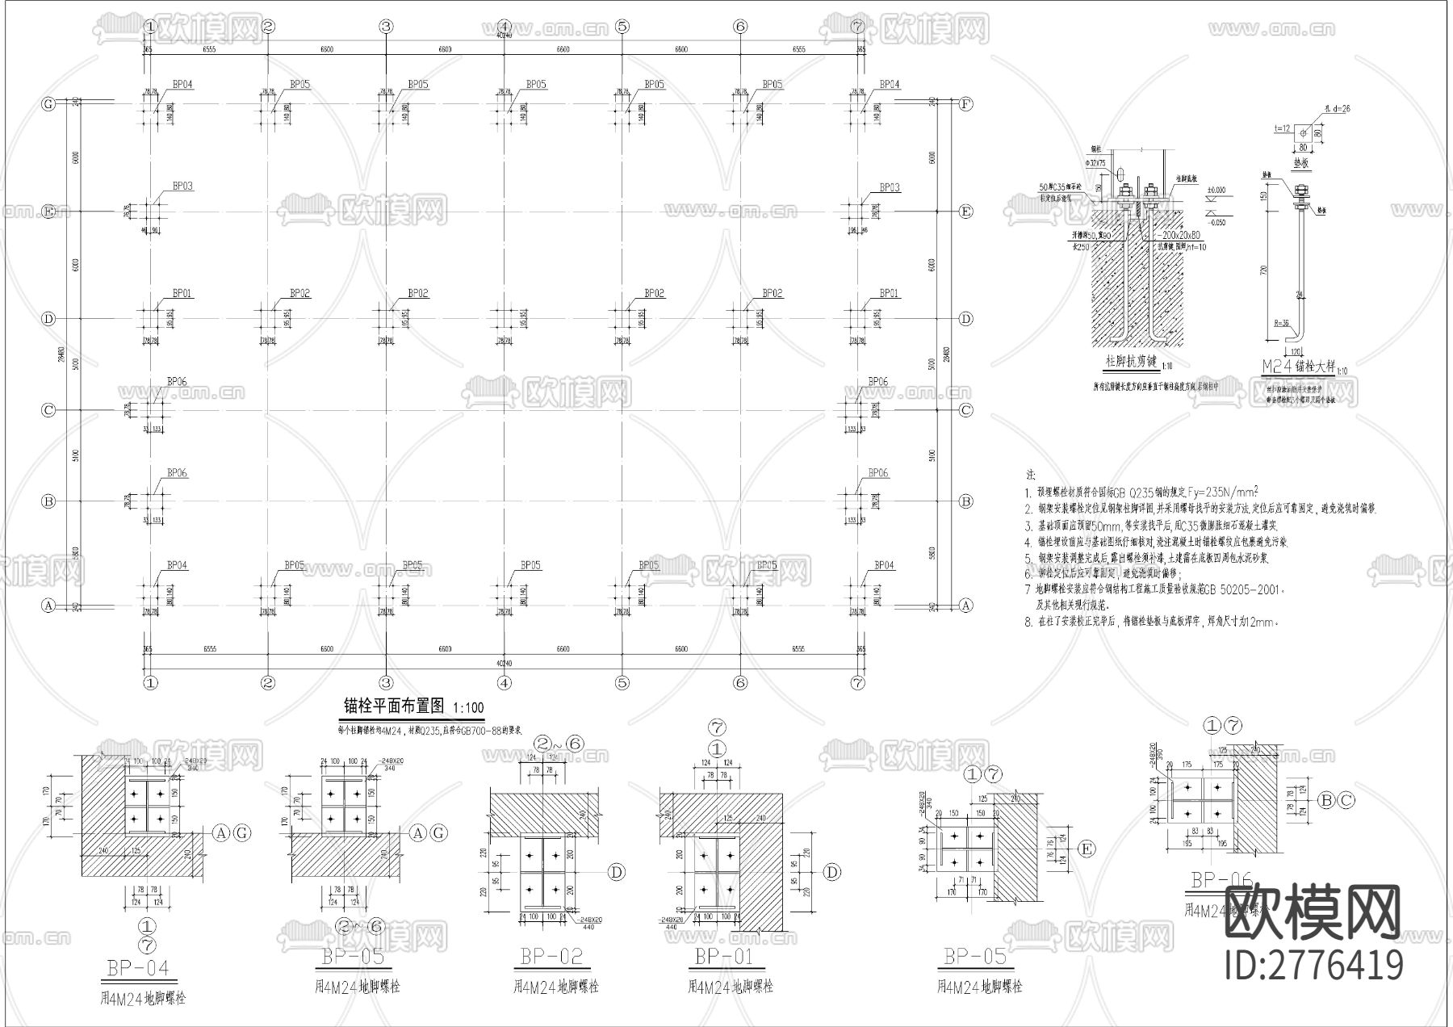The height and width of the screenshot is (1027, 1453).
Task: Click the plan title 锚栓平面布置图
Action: [x=394, y=706]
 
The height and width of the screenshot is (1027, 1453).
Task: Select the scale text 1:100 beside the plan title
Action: [x=468, y=708]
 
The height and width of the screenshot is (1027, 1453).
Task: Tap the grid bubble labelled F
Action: [x=965, y=103]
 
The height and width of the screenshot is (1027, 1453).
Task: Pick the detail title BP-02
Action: [x=551, y=957]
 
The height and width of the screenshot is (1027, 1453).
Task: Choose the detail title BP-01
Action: [x=723, y=957]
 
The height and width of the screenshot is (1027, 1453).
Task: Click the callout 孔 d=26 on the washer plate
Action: [x=1337, y=107]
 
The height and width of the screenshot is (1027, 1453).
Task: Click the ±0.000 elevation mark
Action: [x=1216, y=191]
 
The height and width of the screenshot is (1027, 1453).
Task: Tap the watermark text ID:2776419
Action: [x=1314, y=965]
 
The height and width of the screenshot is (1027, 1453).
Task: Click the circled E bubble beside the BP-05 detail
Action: [x=1087, y=849]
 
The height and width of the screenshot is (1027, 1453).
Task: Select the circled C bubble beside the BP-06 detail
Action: [x=1346, y=801]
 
